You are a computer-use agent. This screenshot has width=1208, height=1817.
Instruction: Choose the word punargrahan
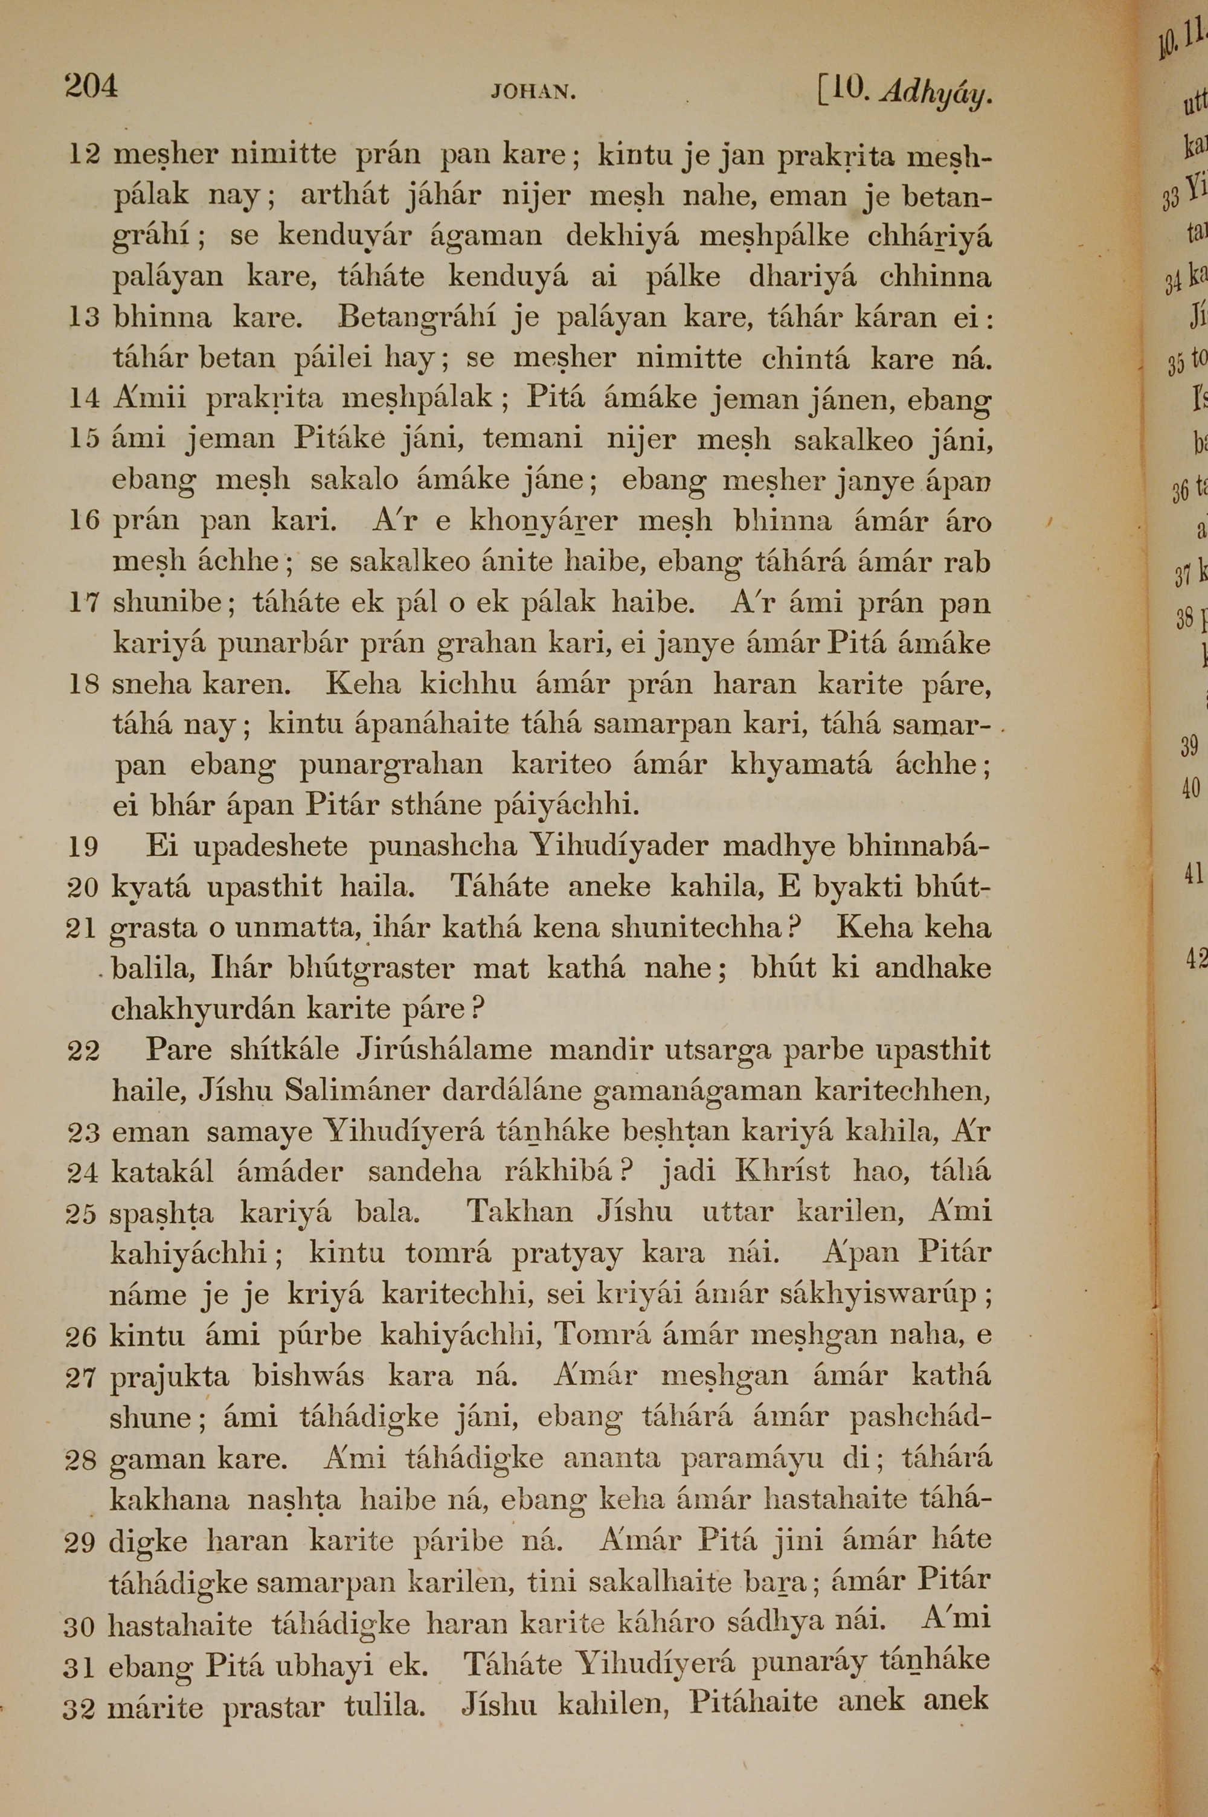pos(391,765)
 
